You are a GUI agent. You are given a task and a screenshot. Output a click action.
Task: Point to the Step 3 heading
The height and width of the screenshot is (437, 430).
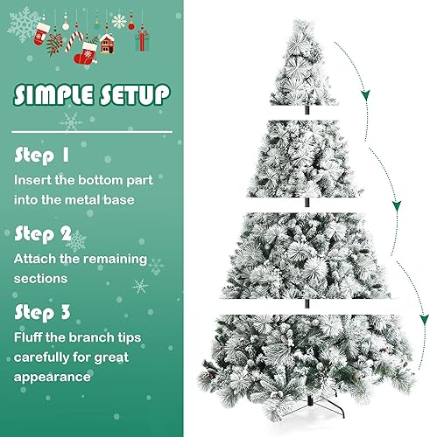(x=43, y=313)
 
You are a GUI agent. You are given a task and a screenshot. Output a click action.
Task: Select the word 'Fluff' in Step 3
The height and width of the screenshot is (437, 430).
(x=29, y=337)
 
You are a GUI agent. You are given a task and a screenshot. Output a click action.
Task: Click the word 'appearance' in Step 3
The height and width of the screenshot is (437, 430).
(x=52, y=378)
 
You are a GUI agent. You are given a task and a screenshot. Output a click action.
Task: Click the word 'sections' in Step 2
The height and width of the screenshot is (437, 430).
(x=40, y=279)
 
